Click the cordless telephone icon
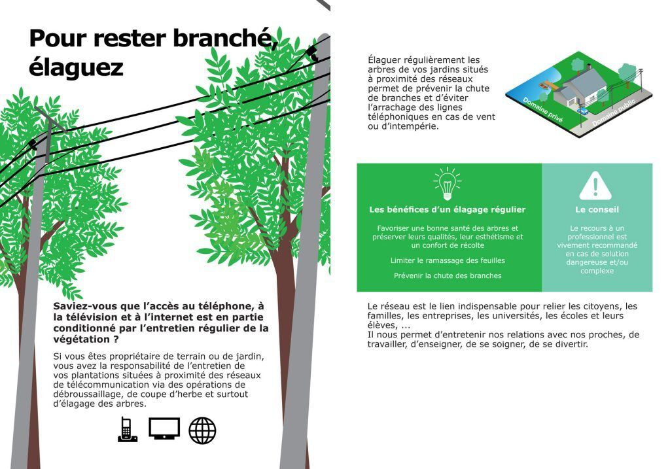point(127,430)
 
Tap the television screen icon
point(164,429)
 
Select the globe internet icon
point(202,430)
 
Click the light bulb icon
point(448,184)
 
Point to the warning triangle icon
point(595,186)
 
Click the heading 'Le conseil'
point(596,210)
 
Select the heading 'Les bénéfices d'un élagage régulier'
point(448,210)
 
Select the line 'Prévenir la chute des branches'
point(448,275)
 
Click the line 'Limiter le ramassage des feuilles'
point(448,260)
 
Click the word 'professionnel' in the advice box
point(596,236)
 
